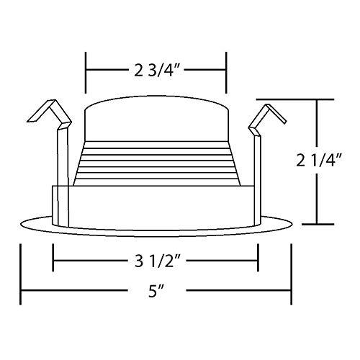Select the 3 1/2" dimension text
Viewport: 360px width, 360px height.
156,260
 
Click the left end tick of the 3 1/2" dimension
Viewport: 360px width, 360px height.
53,260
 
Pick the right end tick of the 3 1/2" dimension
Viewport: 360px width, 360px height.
258,260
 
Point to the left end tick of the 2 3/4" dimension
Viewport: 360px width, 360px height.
87,70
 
